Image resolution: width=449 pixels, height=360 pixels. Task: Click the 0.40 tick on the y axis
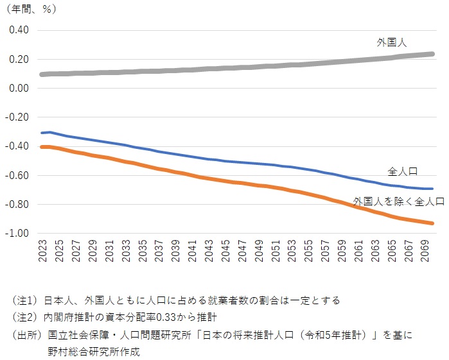tap(19, 30)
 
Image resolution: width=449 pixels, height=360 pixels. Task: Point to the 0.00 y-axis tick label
tap(19, 88)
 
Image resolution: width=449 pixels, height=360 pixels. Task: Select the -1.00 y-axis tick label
tap(18, 234)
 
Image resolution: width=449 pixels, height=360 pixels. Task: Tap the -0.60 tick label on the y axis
tap(18, 175)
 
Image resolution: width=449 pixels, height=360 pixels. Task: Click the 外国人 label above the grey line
tap(392, 43)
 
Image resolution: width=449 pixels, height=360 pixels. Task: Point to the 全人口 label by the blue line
tap(403, 171)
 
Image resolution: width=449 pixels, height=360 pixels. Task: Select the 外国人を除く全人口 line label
tap(398, 201)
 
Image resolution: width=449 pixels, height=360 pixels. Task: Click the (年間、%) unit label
tap(30, 10)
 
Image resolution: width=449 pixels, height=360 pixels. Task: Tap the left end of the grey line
tap(42, 74)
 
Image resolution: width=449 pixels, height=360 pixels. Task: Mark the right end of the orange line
tap(432, 223)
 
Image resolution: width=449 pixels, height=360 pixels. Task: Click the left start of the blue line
tap(42, 133)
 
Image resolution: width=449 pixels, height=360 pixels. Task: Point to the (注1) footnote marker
tap(24, 300)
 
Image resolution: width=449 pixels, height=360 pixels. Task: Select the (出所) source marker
tap(24, 334)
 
